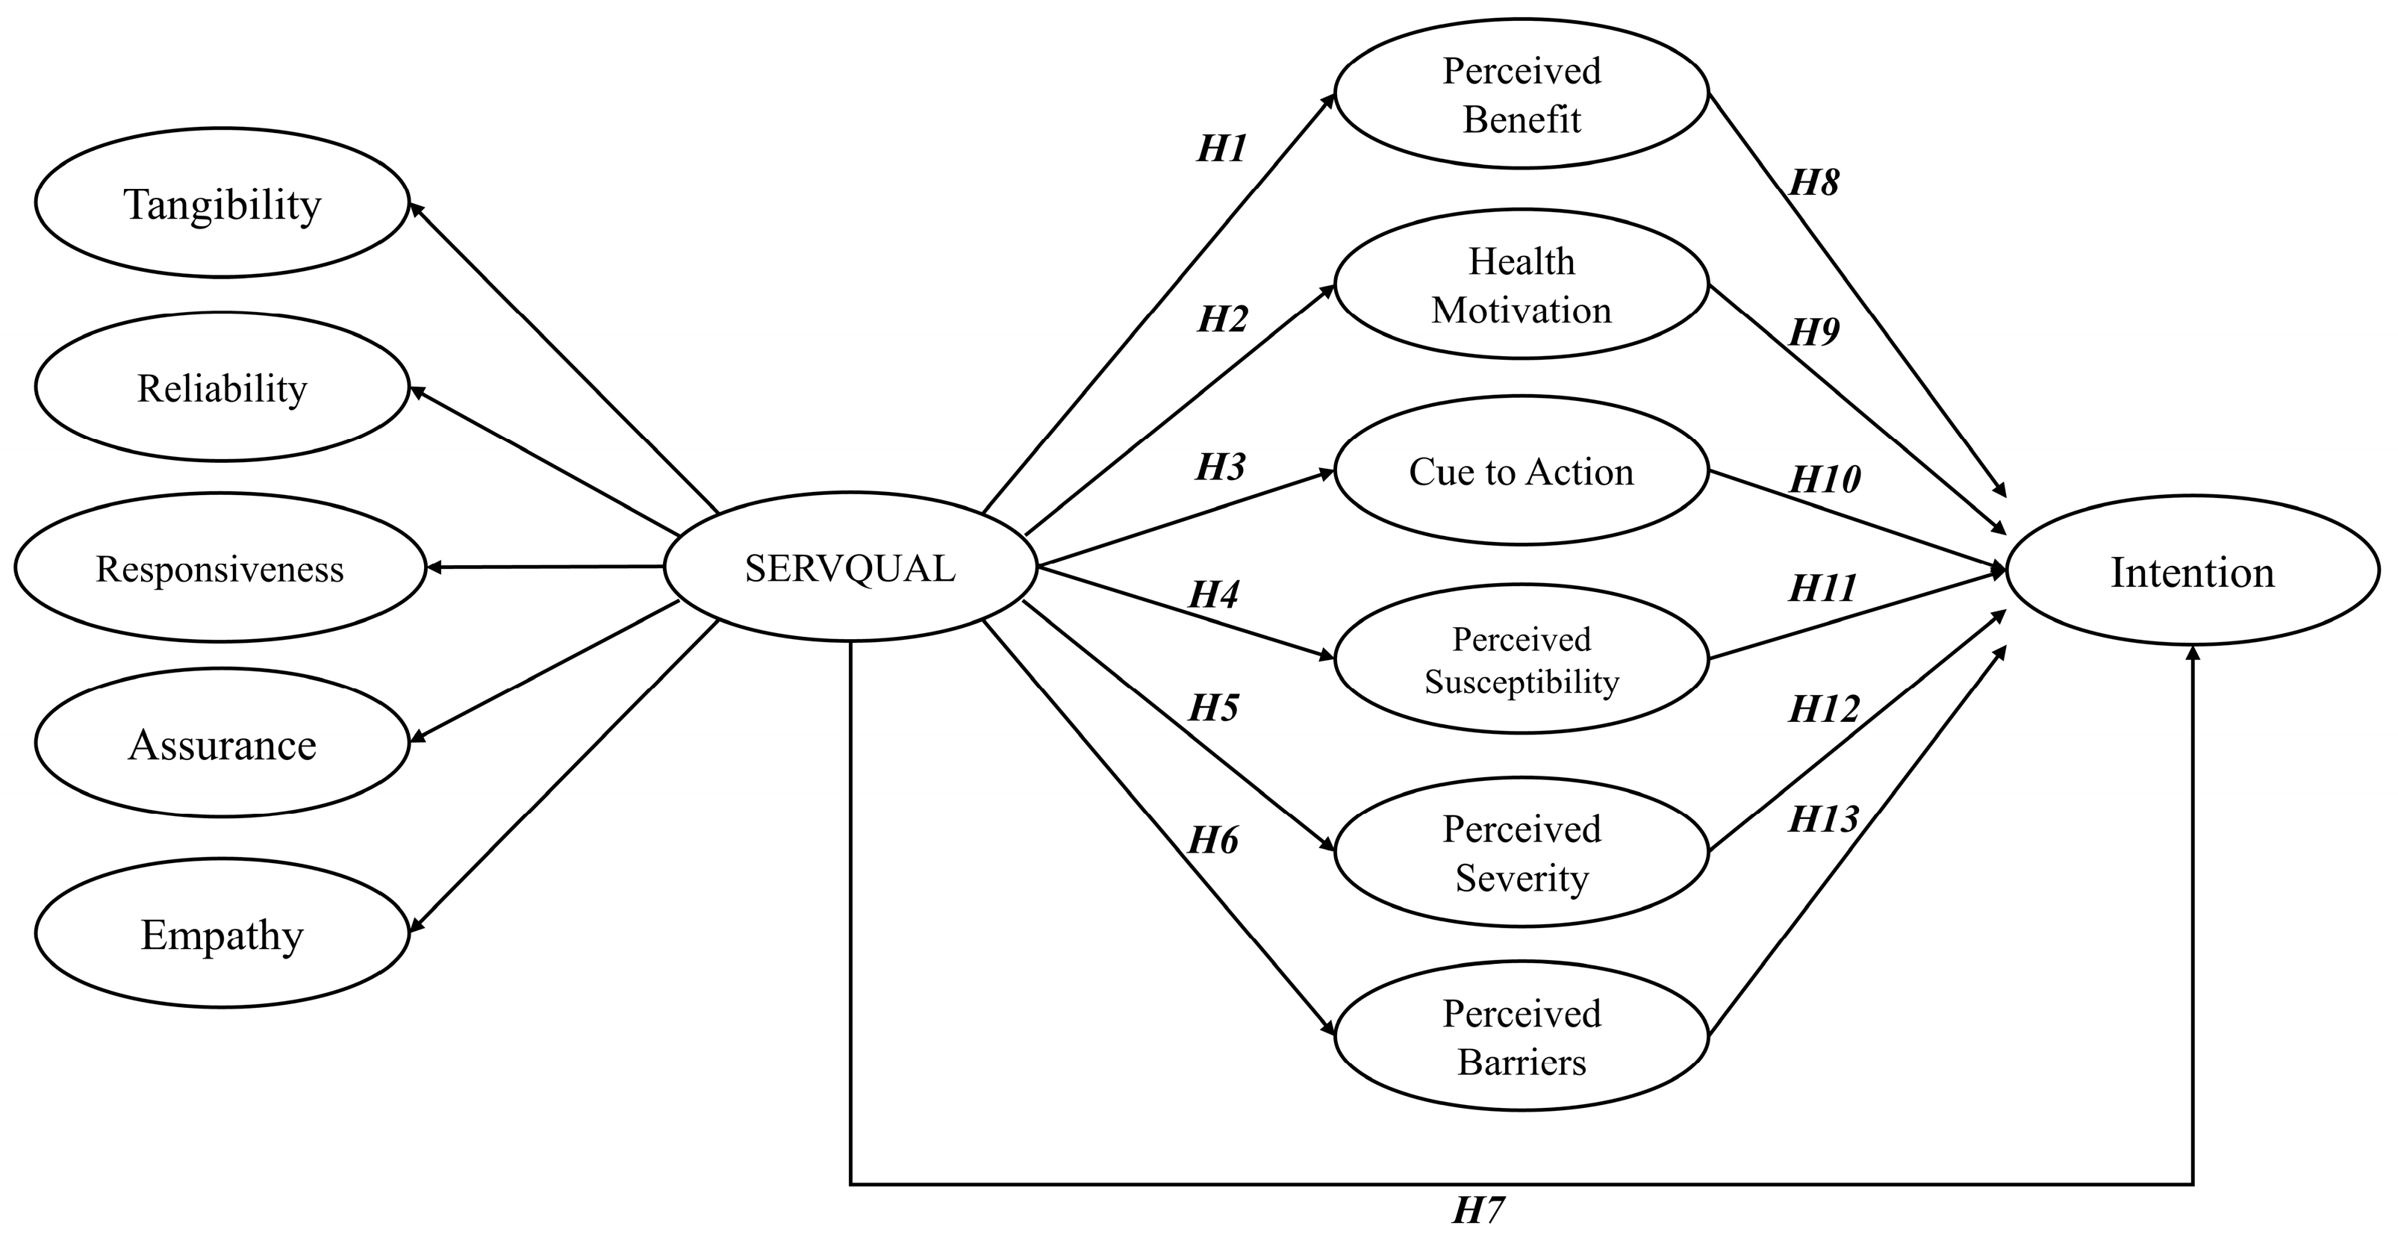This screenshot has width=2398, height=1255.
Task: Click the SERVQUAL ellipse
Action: [850, 568]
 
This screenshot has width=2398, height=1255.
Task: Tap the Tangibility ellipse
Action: [222, 204]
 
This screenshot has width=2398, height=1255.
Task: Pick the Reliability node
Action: [222, 387]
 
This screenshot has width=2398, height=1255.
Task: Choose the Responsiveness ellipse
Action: [219, 568]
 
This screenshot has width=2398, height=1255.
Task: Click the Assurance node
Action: [222, 744]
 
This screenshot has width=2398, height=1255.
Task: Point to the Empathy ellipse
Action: [222, 934]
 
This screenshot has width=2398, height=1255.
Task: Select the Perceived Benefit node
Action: [1521, 94]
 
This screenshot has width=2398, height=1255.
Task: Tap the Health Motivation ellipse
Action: [1521, 285]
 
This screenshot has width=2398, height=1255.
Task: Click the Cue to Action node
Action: [1521, 471]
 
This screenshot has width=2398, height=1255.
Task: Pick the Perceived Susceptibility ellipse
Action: [1521, 660]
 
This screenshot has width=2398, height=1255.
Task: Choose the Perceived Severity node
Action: [1521, 853]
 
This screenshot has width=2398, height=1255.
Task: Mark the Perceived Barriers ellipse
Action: [1521, 1037]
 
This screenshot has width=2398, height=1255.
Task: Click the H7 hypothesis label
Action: [1478, 1210]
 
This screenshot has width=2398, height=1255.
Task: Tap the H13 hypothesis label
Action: [1822, 819]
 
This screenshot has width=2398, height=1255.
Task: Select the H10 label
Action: [1825, 479]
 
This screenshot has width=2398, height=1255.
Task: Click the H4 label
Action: [1214, 595]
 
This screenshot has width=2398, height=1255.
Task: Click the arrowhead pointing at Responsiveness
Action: [433, 567]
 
